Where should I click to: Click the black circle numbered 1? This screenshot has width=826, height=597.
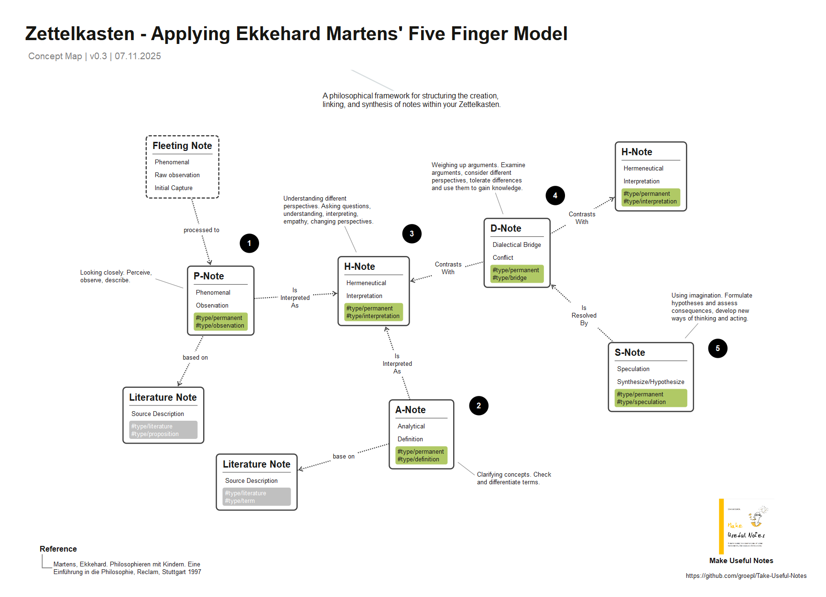coord(249,243)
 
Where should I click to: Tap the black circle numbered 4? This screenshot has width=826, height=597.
coord(555,195)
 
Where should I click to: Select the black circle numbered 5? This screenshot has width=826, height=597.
coord(717,348)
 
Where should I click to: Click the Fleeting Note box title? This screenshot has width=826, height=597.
coord(182,146)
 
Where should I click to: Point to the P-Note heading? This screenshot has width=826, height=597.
coord(209,276)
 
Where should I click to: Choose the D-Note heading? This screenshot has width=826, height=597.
coord(506,228)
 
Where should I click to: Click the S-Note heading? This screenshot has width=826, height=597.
coord(630,352)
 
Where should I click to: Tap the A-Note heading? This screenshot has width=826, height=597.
coord(410,410)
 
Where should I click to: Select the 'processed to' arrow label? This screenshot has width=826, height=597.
coord(201,230)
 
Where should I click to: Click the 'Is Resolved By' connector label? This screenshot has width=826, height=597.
coord(584,315)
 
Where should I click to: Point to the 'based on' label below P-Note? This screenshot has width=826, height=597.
coord(195,357)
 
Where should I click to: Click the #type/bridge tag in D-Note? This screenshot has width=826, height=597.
coord(510,278)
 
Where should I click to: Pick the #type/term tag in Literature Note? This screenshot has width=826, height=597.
coord(240,501)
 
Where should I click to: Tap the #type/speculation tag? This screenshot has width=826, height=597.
coord(641,402)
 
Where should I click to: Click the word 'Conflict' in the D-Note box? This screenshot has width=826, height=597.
coord(503,257)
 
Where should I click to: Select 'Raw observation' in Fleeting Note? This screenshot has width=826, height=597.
coord(177,175)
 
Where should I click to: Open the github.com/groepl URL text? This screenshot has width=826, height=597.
coord(746,576)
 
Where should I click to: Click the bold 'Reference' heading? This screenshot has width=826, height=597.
coord(58,549)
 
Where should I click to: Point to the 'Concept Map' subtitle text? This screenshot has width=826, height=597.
coord(55,56)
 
